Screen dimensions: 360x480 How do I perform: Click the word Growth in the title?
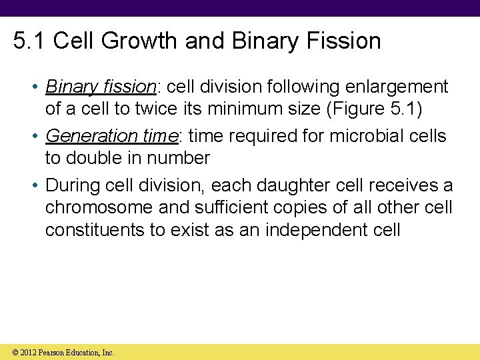(x=142, y=41)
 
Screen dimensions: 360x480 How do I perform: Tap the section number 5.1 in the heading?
(x=30, y=41)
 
